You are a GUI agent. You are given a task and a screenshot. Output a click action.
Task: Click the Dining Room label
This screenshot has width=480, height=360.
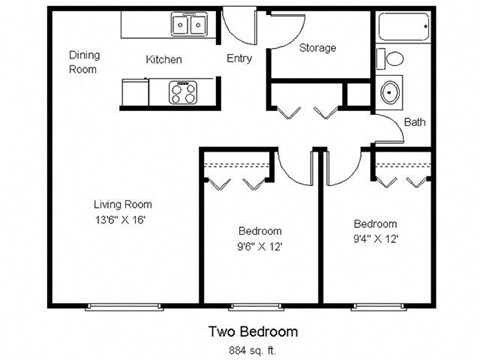click(82, 62)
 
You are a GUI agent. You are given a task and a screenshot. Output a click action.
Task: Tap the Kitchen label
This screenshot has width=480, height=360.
click(164, 60)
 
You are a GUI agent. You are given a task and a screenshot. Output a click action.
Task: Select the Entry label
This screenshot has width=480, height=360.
click(238, 59)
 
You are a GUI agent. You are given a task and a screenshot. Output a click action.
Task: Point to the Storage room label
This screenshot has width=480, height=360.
click(318, 48)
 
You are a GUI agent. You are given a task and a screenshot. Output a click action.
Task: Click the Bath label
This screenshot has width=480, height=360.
click(415, 123)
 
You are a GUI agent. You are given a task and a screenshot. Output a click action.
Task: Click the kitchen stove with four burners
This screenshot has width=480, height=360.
click(183, 93)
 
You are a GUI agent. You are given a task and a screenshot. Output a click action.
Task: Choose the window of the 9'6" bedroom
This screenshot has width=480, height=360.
click(258, 305)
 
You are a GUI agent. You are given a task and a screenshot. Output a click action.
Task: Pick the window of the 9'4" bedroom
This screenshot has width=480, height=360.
click(378, 305)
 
